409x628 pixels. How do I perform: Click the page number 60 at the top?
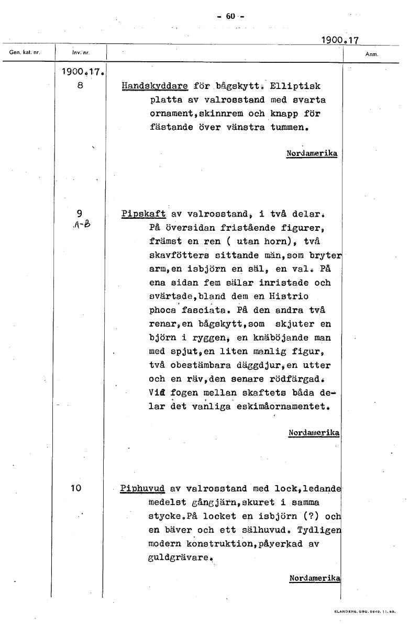pyautogui.click(x=230, y=16)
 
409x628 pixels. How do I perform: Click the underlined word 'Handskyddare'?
pyautogui.click(x=154, y=86)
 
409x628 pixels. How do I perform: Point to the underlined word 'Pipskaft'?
pyautogui.click(x=143, y=214)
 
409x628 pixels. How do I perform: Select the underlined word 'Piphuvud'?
pyautogui.click(x=142, y=489)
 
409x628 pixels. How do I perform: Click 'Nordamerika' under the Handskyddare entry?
pyautogui.click(x=312, y=153)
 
